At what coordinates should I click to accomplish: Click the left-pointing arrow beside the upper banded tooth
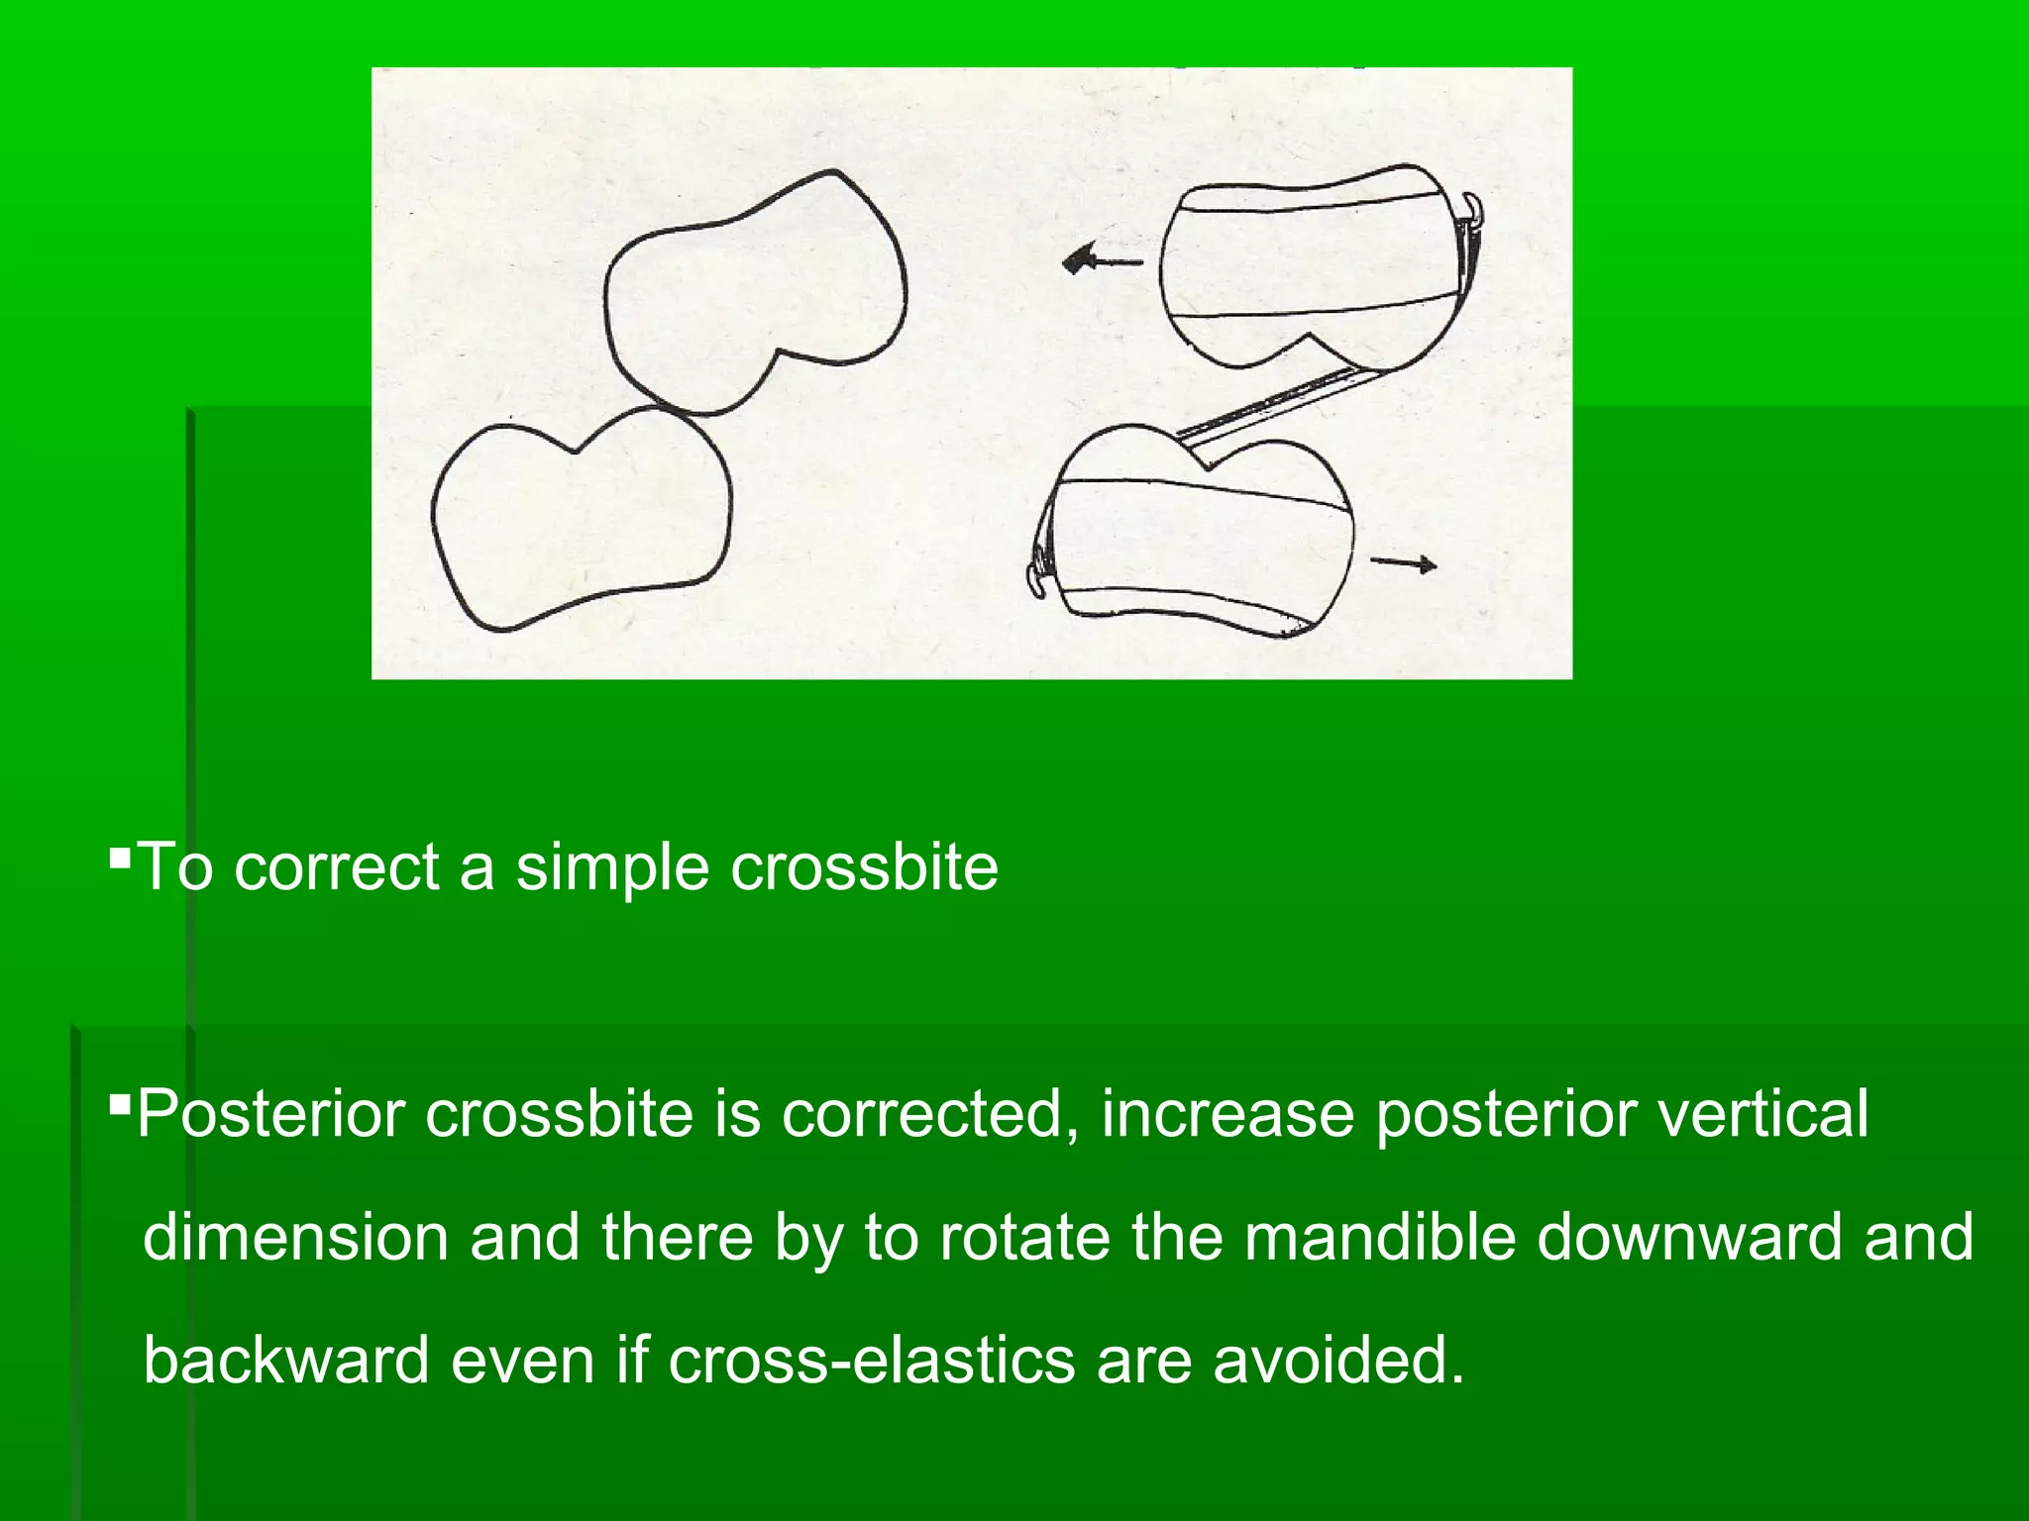[1100, 261]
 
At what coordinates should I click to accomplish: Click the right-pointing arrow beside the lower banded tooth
[1403, 564]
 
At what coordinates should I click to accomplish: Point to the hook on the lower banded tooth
[1034, 574]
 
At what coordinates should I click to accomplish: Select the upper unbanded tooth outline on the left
[755, 292]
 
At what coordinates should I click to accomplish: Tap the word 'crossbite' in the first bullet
[864, 867]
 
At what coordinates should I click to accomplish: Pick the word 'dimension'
[295, 1237]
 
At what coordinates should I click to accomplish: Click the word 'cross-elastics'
[872, 1360]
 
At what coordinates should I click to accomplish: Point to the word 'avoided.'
[1338, 1360]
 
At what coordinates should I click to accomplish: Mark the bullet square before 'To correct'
[120, 853]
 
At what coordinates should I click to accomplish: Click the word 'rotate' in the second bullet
[1024, 1237]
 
